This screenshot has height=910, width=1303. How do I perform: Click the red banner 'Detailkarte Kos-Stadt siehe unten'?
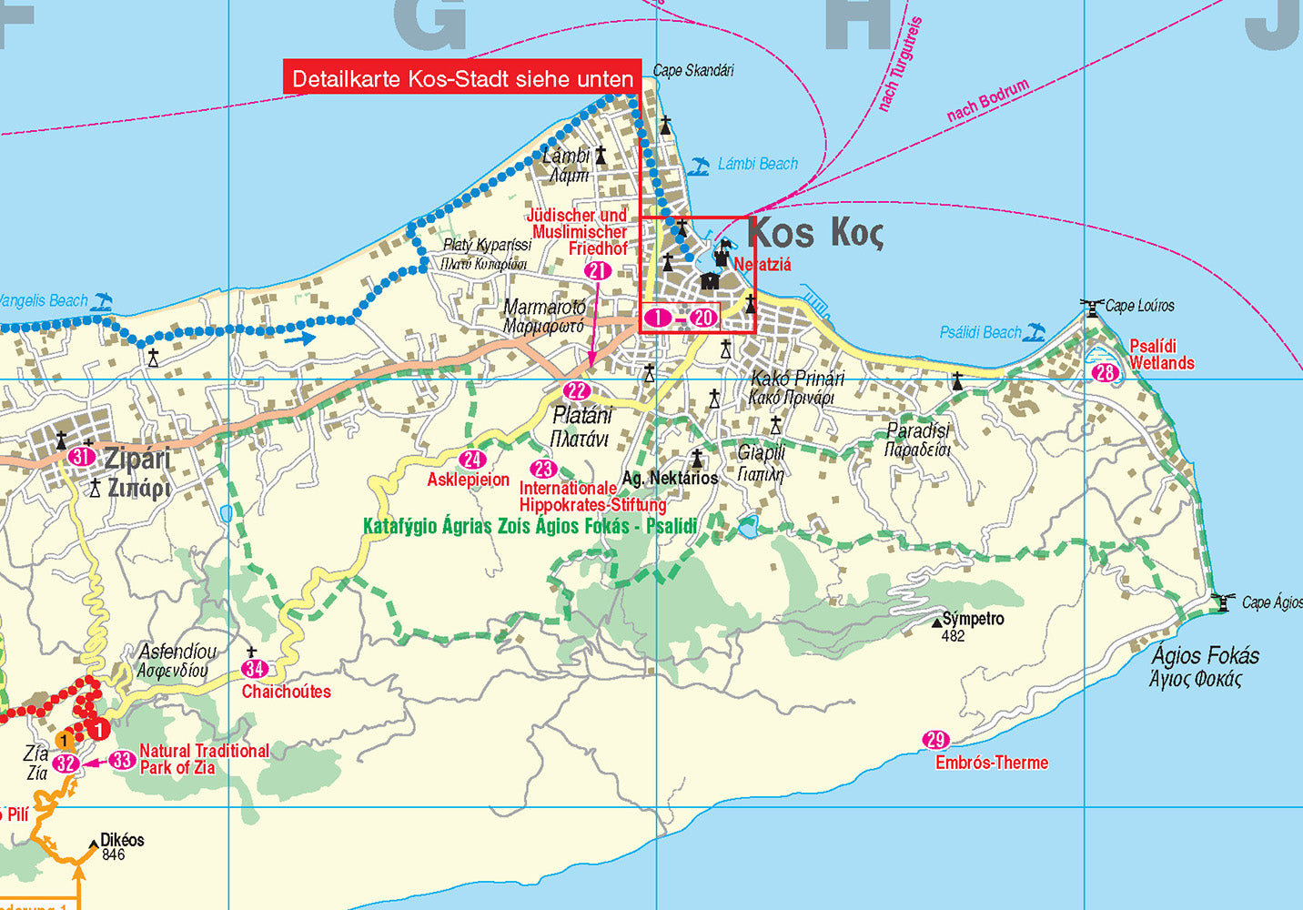pyautogui.click(x=462, y=78)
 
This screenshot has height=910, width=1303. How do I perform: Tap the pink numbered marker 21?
pyautogui.click(x=598, y=270)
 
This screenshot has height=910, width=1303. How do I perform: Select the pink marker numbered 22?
pyautogui.click(x=576, y=391)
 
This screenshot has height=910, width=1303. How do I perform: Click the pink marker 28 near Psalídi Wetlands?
pyautogui.click(x=1105, y=372)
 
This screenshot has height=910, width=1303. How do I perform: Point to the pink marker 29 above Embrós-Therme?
pyautogui.click(x=935, y=740)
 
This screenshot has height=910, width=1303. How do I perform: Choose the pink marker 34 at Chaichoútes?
pyautogui.click(x=254, y=669)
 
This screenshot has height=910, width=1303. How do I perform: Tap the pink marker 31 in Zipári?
pyautogui.click(x=82, y=457)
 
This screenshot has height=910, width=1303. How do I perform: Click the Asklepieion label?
pyautogui.click(x=468, y=480)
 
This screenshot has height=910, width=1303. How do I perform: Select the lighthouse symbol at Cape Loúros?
pyautogui.click(x=1091, y=308)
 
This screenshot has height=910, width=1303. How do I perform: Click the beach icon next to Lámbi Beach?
pyautogui.click(x=699, y=166)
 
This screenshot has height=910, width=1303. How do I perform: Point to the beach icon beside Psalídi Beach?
pyautogui.click(x=1035, y=332)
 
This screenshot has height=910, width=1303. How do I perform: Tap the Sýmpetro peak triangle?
pyautogui.click(x=937, y=622)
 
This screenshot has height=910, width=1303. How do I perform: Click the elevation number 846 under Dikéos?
pyautogui.click(x=114, y=854)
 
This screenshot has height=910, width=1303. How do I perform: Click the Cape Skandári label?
pyautogui.click(x=693, y=70)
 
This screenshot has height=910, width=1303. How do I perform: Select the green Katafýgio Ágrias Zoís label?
pyautogui.click(x=530, y=526)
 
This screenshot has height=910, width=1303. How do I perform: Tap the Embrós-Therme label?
pyautogui.click(x=992, y=763)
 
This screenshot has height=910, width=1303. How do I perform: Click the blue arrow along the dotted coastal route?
pyautogui.click(x=299, y=339)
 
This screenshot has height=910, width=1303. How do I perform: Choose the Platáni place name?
pyautogui.click(x=582, y=416)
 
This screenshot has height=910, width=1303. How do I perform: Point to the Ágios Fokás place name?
pyautogui.click(x=1205, y=655)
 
